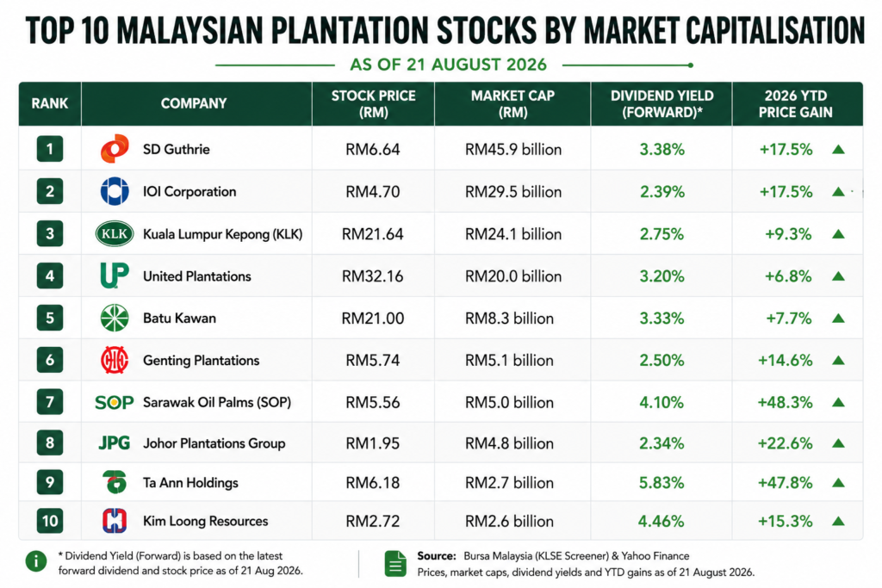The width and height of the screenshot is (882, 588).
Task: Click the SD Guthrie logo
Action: click(115, 149)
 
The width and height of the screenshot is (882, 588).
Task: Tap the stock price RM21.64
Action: click(372, 234)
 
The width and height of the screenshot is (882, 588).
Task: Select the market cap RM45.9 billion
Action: click(513, 150)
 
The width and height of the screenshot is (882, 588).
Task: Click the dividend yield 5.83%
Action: click(661, 483)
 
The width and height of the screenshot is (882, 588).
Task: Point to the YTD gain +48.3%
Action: click(785, 403)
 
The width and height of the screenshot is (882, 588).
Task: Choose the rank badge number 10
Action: click(50, 521)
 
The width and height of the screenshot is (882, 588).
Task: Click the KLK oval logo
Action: click(115, 234)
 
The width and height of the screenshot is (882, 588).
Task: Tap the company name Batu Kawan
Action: click(179, 319)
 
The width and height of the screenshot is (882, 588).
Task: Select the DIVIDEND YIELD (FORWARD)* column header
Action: click(662, 104)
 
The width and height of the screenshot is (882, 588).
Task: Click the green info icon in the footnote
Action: click(36, 561)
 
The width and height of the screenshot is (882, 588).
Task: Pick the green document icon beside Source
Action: click(395, 564)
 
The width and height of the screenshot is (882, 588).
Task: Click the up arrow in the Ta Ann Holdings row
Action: click(838, 482)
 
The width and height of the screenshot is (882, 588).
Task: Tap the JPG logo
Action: click(115, 443)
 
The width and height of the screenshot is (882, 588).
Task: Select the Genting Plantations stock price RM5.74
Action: click(372, 361)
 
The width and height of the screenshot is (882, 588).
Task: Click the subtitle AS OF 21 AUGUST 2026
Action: click(448, 65)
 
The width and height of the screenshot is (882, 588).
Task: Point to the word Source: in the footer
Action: click(437, 556)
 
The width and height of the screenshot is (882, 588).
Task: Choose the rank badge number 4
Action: click(50, 276)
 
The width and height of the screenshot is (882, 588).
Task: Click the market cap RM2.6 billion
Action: click(509, 521)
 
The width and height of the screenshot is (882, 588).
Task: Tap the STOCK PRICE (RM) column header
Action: click(374, 104)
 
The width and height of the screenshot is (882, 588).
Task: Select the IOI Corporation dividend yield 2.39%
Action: click(662, 192)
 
